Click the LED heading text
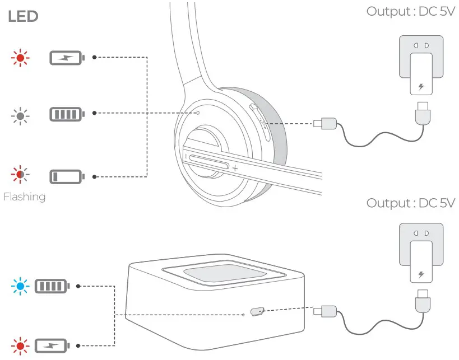pos(23,17)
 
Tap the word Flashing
pos(24,197)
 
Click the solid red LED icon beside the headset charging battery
pos(21,57)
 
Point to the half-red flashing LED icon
pos(21,175)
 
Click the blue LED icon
pos(21,286)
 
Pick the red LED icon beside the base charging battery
pos(21,345)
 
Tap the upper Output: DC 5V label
pos(410,12)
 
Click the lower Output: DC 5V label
pos(410,202)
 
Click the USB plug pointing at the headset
pos(325,123)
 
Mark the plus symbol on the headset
pos(235,167)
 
